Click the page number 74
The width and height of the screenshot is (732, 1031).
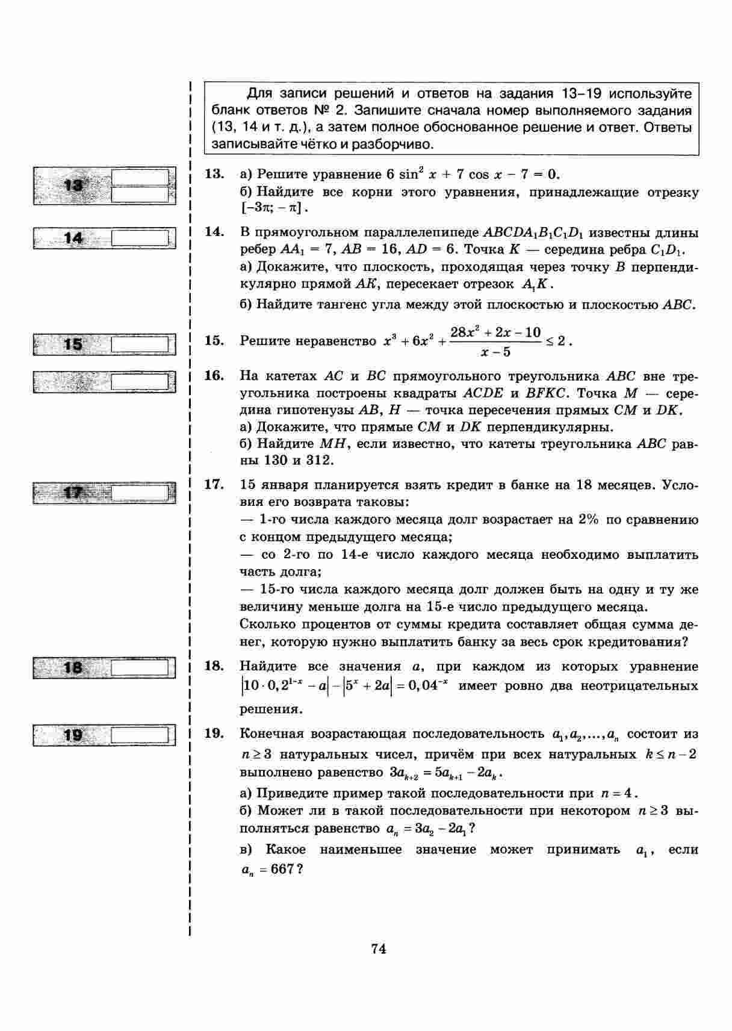point(379,949)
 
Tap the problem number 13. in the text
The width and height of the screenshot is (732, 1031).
point(214,175)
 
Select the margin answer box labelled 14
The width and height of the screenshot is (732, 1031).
point(104,238)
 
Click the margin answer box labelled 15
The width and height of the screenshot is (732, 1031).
point(104,344)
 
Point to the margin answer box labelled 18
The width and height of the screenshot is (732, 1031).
point(104,668)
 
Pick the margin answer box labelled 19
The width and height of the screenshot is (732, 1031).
point(104,735)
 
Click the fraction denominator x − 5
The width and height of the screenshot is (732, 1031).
point(495,352)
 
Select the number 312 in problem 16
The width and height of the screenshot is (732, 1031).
point(318,461)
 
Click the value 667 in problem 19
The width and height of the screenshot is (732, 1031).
point(282,869)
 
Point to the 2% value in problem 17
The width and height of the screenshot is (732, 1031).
point(587,520)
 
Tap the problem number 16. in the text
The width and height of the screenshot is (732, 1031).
point(214,376)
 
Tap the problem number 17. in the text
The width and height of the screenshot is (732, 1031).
point(214,485)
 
